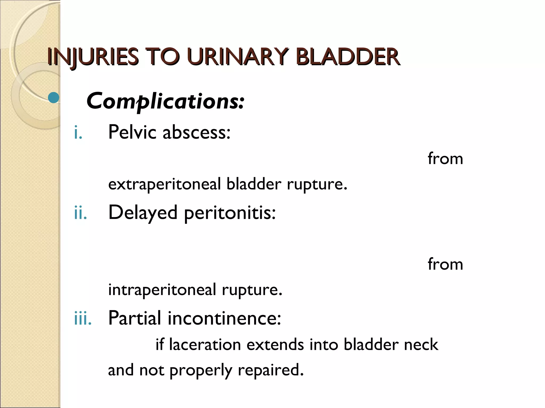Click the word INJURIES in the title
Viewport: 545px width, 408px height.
pos(93,57)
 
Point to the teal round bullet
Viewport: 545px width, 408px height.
pos(54,98)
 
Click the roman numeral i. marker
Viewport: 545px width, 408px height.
pos(78,133)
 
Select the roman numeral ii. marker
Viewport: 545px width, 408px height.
pos(80,213)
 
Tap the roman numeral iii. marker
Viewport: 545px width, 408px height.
pos(83,318)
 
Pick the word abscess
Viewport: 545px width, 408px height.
pos(196,132)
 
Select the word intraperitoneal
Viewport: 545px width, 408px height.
pos(162,290)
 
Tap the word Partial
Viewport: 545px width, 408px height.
pos(134,318)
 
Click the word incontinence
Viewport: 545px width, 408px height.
pos(224,318)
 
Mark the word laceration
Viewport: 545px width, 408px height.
pos(205,345)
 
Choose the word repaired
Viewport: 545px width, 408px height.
pos(271,370)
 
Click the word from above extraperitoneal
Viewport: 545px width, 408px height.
pos(445,159)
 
